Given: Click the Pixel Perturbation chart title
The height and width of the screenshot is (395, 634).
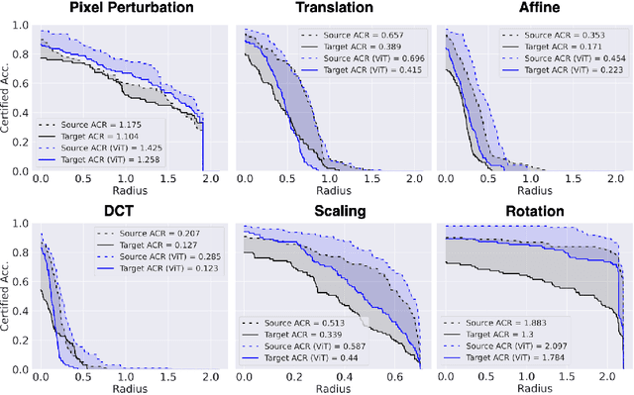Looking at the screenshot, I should click(118, 9).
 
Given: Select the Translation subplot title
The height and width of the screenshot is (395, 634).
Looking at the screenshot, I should click(327, 9).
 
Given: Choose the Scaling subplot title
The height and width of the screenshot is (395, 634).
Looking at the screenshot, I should click(327, 212).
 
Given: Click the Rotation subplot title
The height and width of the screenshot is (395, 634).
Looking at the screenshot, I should click(533, 212).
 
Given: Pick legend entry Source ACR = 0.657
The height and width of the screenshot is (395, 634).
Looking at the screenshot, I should click(351, 35).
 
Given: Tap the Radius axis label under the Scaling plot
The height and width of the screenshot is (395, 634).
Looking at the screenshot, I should click(328, 388).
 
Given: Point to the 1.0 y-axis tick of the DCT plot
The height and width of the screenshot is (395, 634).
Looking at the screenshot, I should click(23, 224).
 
